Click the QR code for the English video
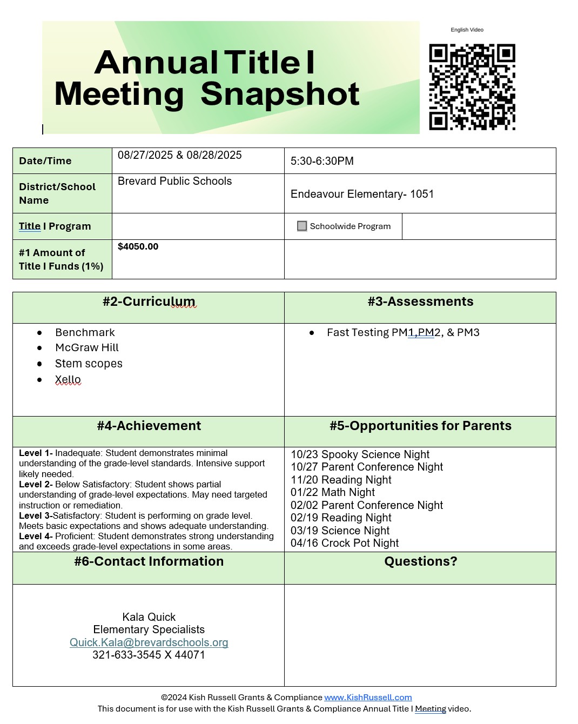coord(472,87)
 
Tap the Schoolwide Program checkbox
coord(302,226)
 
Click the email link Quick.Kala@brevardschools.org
coord(149,642)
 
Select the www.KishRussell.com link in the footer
coord(368,698)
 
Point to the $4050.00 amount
coord(138,247)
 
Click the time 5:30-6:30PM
coord(322,161)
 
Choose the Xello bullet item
coord(68,380)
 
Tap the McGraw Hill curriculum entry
coord(86,348)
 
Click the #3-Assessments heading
coord(420,301)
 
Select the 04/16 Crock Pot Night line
coord(345,543)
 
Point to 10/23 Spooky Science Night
coord(360,454)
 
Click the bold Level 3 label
coord(35,515)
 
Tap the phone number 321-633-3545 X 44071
coord(149,655)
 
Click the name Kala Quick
coord(149,617)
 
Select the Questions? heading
coord(420,561)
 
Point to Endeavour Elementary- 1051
coord(362,194)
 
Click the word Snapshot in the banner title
coord(280,94)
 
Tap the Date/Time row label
coord(45,161)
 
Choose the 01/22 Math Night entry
coord(332,492)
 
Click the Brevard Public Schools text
coord(174,182)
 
